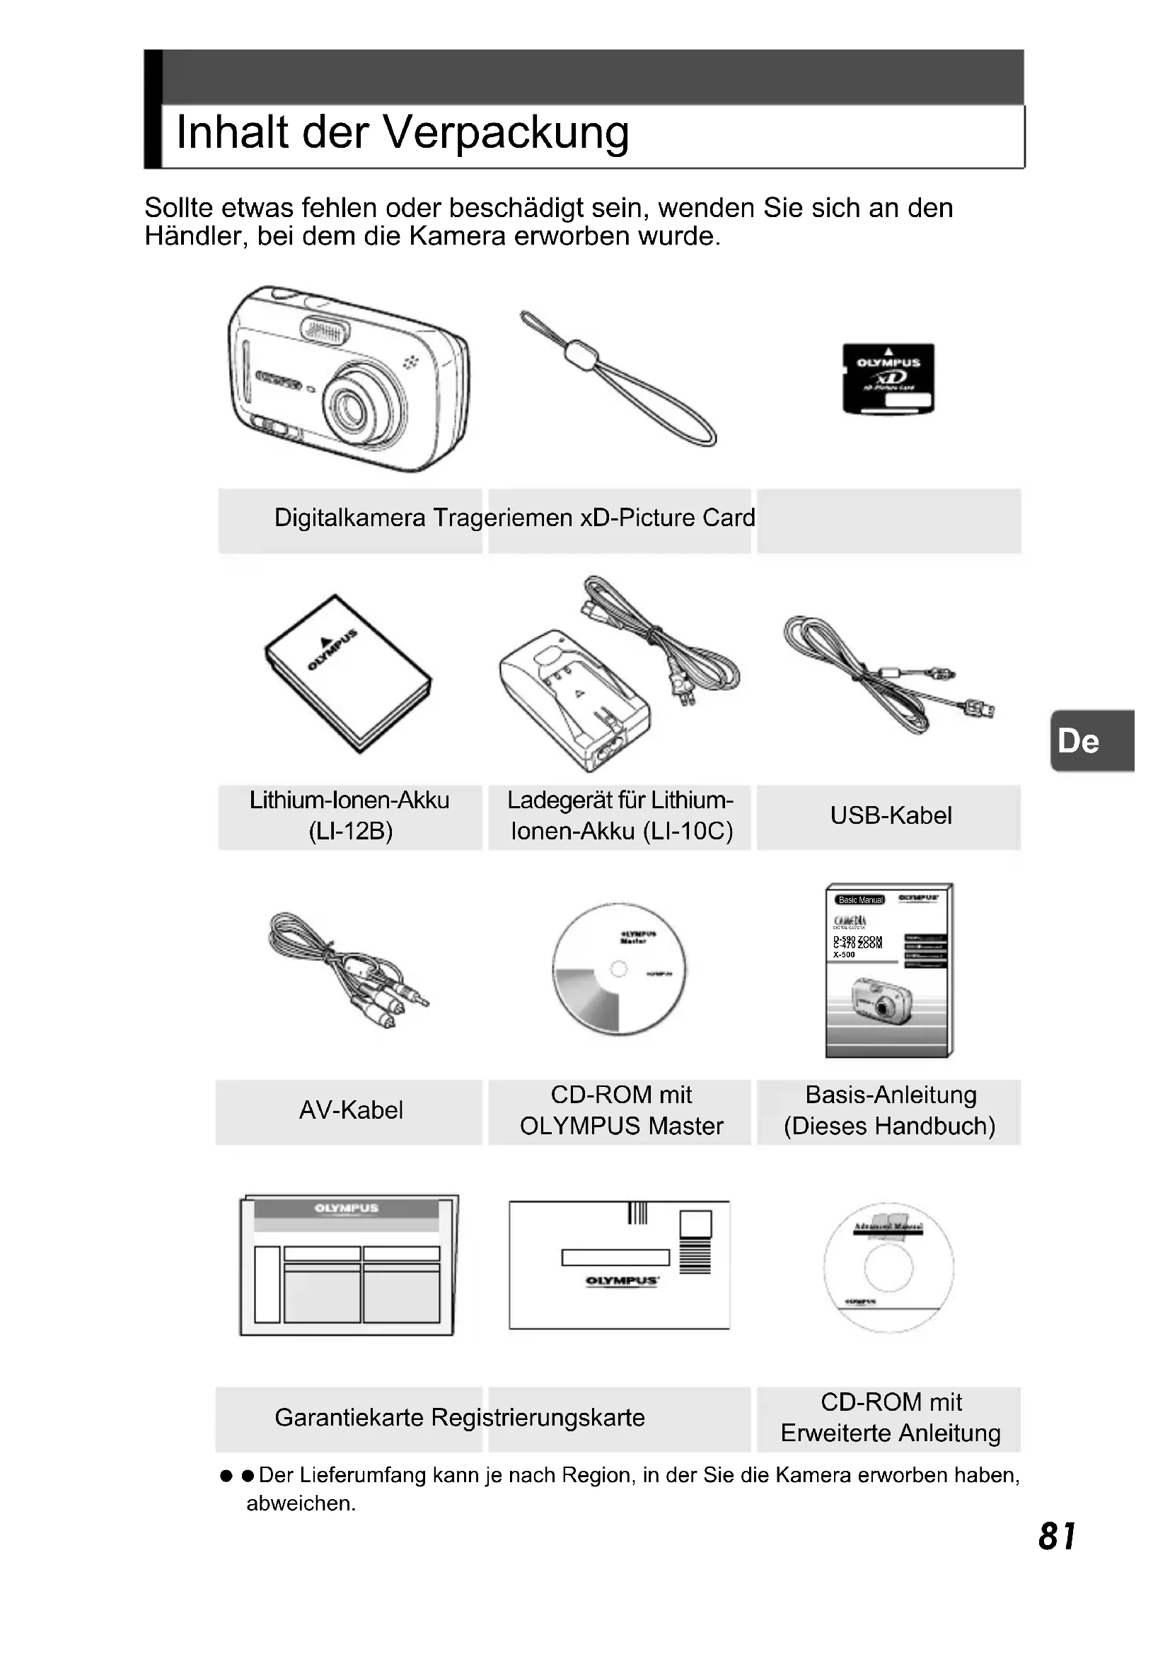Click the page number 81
[x=1057, y=1537]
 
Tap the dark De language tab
[x=1091, y=740]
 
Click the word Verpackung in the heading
[x=505, y=133]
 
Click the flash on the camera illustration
[x=325, y=331]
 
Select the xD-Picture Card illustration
[x=888, y=378]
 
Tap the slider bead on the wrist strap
[x=581, y=354]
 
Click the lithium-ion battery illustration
[x=348, y=672]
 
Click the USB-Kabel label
[x=891, y=815]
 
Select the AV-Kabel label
[x=351, y=1110]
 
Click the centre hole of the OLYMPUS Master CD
[x=619, y=969]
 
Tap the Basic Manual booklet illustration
[x=889, y=969]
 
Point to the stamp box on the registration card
[x=695, y=1224]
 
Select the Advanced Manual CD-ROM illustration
[x=888, y=1268]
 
